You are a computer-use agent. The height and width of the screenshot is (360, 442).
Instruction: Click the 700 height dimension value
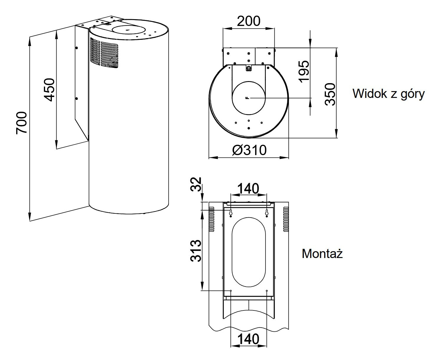pos(22,122)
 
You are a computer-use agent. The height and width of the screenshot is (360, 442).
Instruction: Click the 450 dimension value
pos(49,89)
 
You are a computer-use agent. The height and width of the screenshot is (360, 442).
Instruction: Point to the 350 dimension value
pos(330,94)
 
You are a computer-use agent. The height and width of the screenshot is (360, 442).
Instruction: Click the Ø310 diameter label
pos(249,150)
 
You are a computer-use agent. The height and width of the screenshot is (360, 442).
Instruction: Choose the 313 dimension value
pos(196,251)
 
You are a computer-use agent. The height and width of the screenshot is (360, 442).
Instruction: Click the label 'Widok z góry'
pos(388,94)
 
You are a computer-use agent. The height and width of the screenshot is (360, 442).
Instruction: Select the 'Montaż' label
pos(322,254)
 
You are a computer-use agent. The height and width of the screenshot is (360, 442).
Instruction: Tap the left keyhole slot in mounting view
pos(231,212)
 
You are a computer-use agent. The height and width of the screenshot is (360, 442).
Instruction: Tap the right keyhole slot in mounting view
pos(267,212)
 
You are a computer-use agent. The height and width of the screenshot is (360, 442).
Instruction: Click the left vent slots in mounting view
pos(211,219)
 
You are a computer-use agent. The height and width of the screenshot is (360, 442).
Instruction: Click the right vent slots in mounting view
pos(286,219)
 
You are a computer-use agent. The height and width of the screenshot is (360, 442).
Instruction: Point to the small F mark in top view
pos(247,98)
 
